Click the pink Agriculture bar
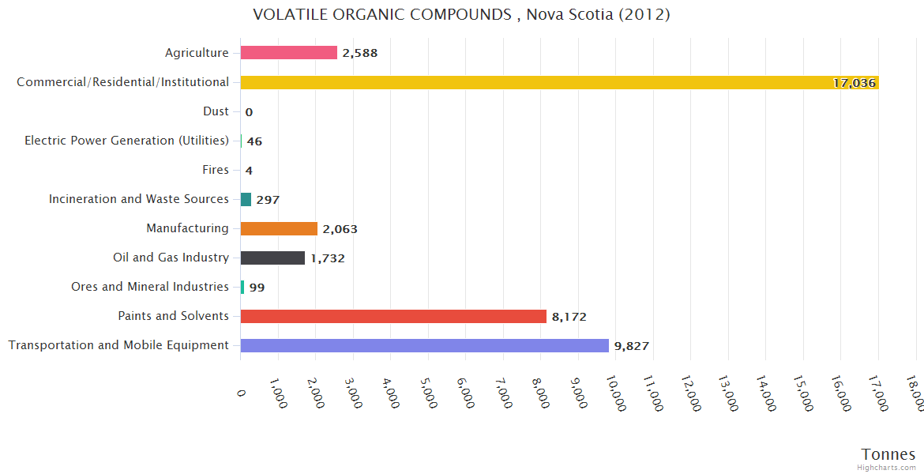click(x=289, y=53)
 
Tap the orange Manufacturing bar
click(x=279, y=228)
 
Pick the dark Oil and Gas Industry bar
click(x=272, y=258)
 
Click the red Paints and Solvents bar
click(x=393, y=316)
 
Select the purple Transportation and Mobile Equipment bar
click(x=424, y=345)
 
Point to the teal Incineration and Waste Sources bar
click(x=246, y=199)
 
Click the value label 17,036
click(x=854, y=83)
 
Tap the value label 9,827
click(x=631, y=346)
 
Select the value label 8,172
click(x=569, y=317)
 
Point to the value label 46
click(x=254, y=141)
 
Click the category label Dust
click(x=216, y=111)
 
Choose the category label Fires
click(x=216, y=170)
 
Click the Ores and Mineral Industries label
click(x=150, y=287)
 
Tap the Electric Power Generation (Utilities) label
click(x=127, y=141)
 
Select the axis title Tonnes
click(x=888, y=454)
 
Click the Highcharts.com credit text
click(x=887, y=468)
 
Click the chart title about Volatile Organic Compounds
click(x=461, y=14)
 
